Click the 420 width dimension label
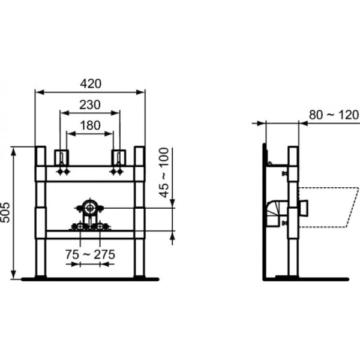click(x=91, y=84)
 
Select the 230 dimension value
click(x=90, y=105)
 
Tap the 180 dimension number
click(x=90, y=125)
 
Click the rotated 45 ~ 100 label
click(x=164, y=173)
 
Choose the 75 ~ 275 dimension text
click(x=90, y=254)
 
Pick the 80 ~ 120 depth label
click(x=334, y=115)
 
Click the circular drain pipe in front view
click(x=89, y=208)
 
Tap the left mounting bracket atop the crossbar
click(x=62, y=157)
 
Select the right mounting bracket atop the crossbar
click(x=118, y=157)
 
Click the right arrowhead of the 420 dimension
click(x=140, y=92)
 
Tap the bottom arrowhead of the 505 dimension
click(x=14, y=275)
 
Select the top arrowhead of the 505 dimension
click(x=14, y=151)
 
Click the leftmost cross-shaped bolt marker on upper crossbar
click(x=60, y=172)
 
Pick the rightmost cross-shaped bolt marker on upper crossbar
click(x=119, y=172)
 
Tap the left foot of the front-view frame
click(x=41, y=277)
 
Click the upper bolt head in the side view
click(x=285, y=173)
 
